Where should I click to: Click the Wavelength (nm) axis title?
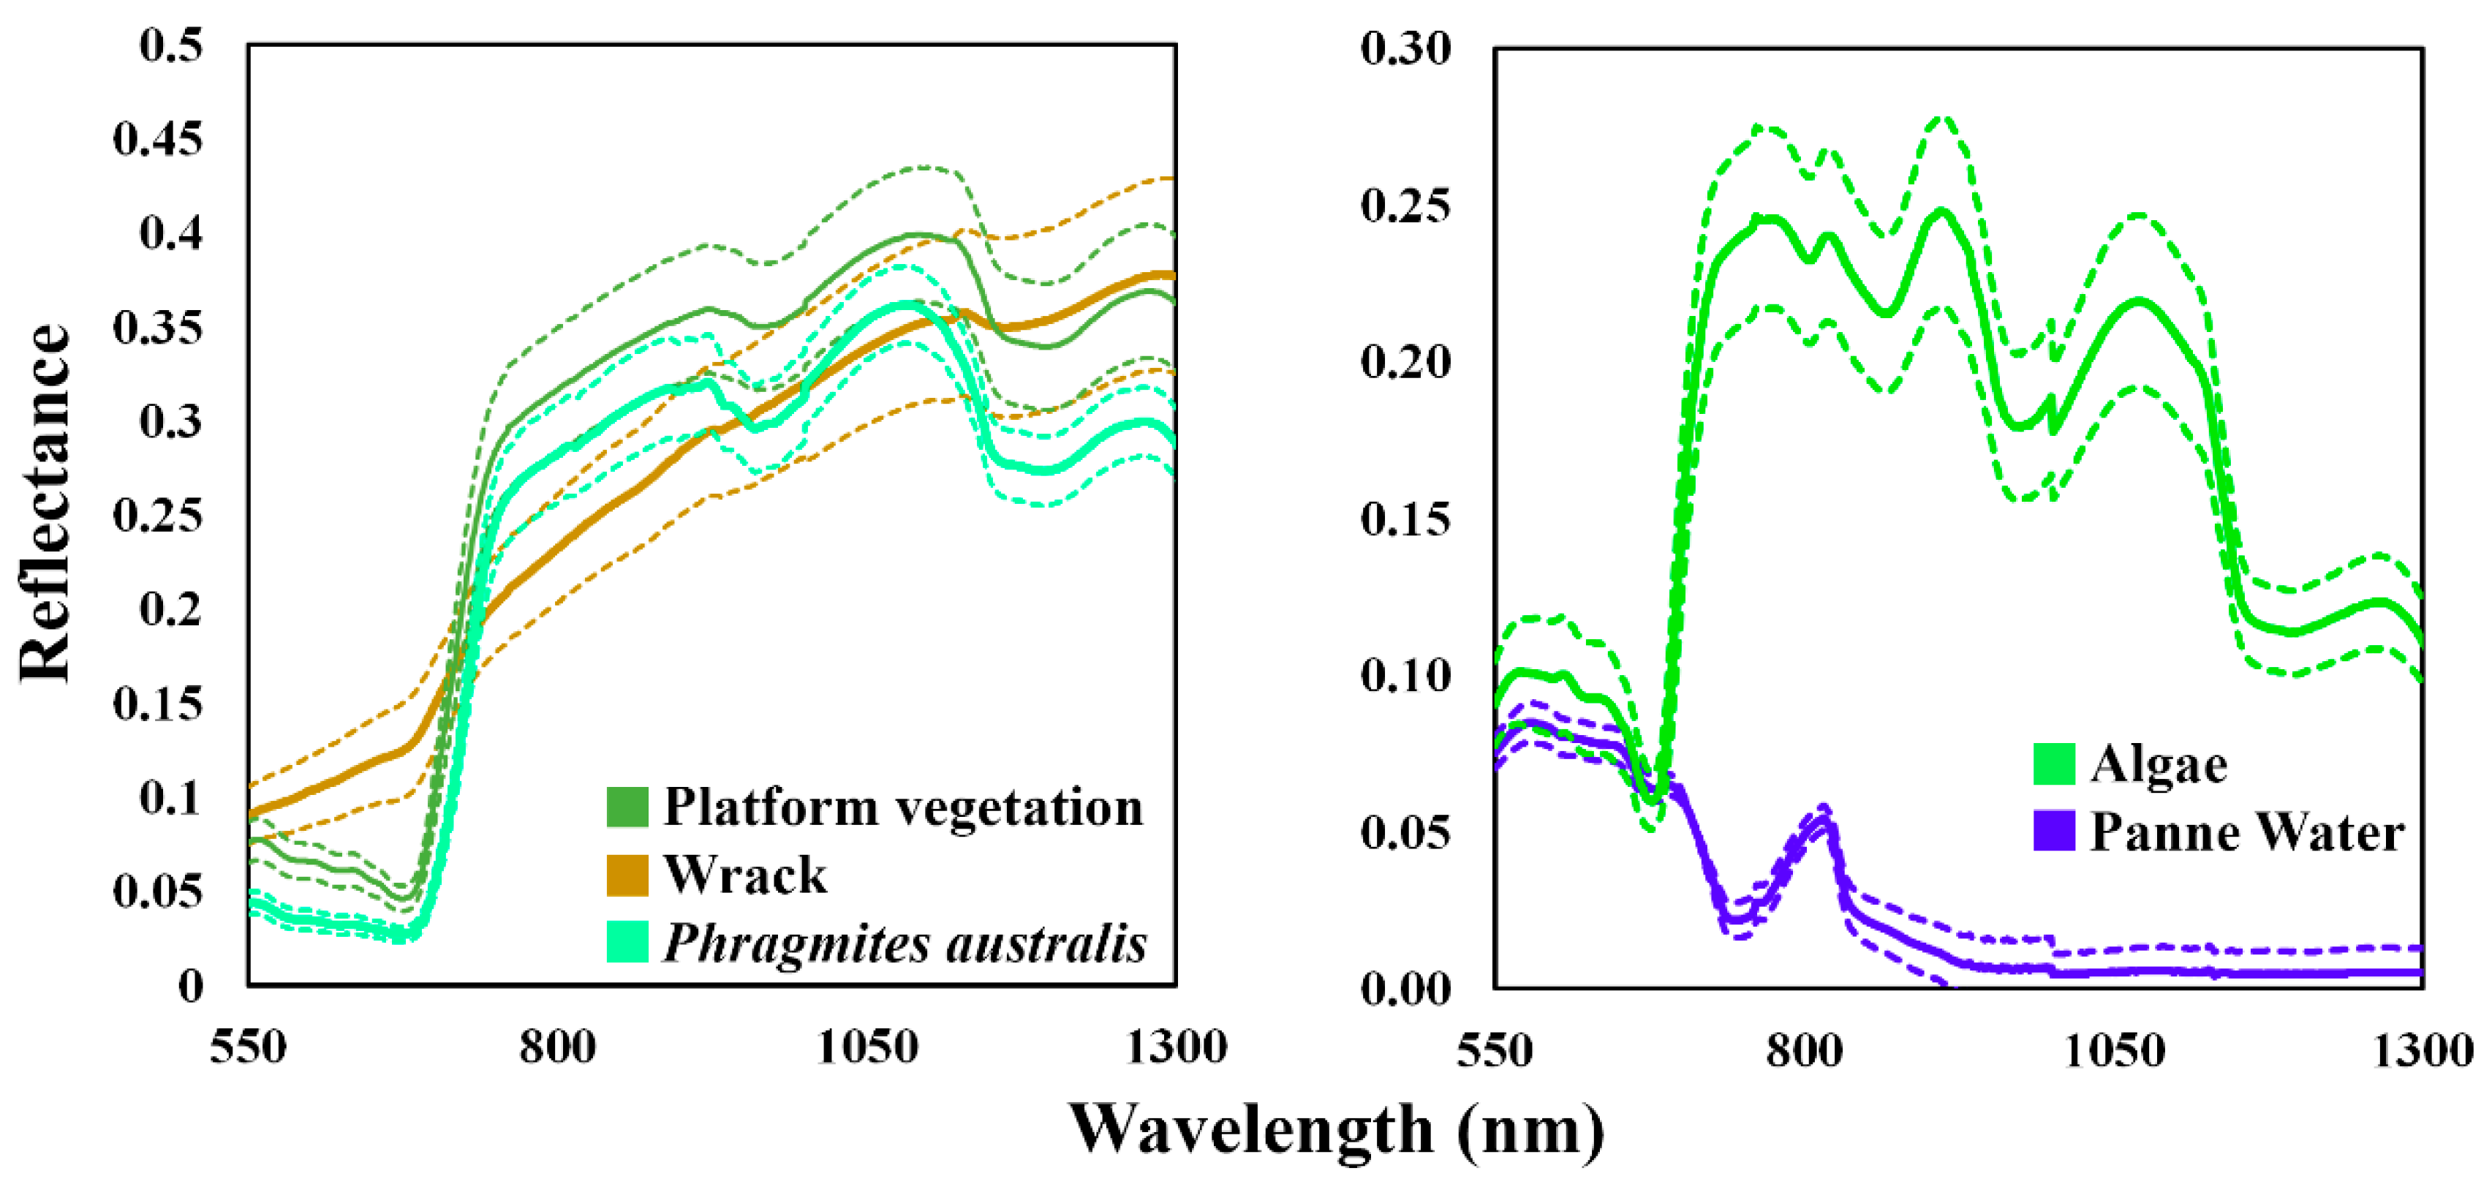1336,1130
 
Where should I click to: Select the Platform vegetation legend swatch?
627,807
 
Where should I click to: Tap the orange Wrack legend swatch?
627,875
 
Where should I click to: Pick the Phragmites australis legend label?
904,943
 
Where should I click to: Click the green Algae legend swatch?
2054,764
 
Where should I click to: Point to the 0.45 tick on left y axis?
159,138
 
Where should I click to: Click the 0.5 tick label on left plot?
171,45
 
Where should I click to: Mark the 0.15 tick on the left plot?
159,704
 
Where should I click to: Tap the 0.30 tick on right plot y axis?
1405,48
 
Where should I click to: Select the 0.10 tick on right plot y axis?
1405,675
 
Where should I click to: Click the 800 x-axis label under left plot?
557,1048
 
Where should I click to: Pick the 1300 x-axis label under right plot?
2423,1050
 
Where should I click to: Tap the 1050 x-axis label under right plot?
2114,1050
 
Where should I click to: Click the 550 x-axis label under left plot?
249,1048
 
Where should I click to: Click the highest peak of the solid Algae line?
1941,211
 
